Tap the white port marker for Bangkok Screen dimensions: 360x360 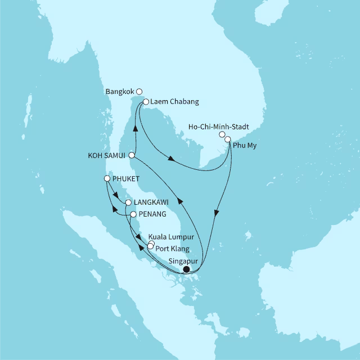(x=139, y=91)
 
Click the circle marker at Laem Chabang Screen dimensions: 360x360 (x=146, y=102)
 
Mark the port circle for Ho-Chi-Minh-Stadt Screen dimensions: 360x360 (x=222, y=135)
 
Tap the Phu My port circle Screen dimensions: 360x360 (x=228, y=139)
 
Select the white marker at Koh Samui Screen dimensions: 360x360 (x=132, y=155)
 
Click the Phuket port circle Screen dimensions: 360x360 (x=107, y=179)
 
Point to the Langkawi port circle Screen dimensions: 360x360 (x=128, y=202)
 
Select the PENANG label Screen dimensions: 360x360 (x=152, y=214)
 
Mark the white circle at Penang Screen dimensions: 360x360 (x=133, y=214)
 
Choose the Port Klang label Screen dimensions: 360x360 (x=173, y=248)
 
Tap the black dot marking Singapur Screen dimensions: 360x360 (x=186, y=269)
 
